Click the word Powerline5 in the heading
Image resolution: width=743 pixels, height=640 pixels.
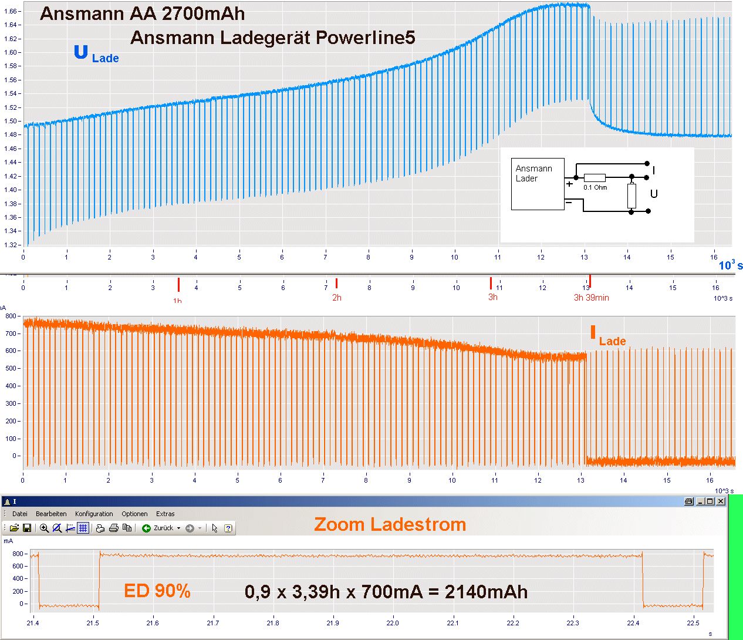(x=365, y=38)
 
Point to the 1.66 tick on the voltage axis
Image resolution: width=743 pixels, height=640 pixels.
(x=12, y=11)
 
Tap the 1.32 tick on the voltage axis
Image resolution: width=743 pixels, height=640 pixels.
(x=12, y=245)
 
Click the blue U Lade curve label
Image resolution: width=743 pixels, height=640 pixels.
(x=96, y=55)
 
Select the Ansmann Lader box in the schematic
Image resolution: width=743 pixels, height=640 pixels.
(x=538, y=184)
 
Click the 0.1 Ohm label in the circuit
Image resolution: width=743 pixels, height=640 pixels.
(x=595, y=188)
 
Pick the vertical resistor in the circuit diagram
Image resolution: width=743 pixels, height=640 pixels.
(x=631, y=196)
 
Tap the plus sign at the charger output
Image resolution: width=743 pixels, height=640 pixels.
(x=569, y=184)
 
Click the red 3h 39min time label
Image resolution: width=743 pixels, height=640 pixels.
(x=591, y=298)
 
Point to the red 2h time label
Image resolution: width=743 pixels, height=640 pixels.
(x=337, y=298)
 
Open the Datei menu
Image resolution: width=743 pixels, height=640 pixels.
(x=20, y=514)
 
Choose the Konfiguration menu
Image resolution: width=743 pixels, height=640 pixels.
(x=94, y=514)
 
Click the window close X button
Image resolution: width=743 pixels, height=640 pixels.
(x=721, y=501)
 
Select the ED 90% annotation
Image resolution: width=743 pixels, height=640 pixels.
(x=157, y=591)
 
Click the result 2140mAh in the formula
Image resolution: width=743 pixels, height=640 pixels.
(x=486, y=592)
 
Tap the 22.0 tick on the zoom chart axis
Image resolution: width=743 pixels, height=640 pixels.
(x=393, y=623)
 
